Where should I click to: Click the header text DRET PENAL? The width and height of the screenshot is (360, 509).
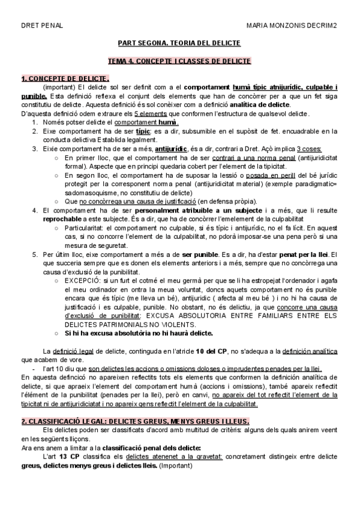pyautogui.click(x=41, y=26)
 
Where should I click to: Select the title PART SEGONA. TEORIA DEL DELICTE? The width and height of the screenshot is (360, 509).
pyautogui.click(x=179, y=44)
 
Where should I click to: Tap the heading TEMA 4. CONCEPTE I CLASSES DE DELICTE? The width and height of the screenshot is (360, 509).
pyautogui.click(x=179, y=61)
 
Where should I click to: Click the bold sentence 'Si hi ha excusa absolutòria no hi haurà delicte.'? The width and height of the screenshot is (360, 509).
pyautogui.click(x=139, y=333)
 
